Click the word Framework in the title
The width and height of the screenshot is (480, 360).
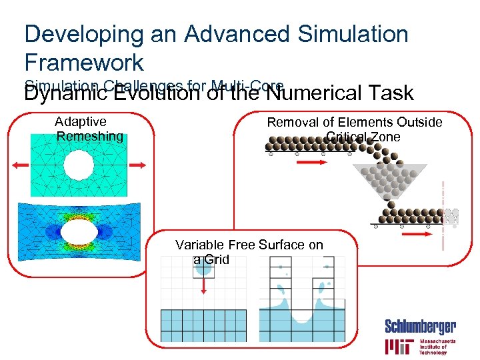(x=84, y=63)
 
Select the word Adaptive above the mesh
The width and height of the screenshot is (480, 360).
(x=81, y=121)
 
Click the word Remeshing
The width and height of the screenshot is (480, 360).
(x=90, y=137)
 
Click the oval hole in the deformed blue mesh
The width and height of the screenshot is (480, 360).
(x=79, y=234)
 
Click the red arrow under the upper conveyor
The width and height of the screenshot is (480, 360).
(x=310, y=162)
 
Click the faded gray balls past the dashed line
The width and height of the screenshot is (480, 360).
(x=452, y=216)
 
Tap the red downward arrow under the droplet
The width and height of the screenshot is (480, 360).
(x=204, y=284)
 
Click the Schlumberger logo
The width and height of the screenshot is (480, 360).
(x=420, y=327)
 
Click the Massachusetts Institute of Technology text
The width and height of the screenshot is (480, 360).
(x=437, y=347)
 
